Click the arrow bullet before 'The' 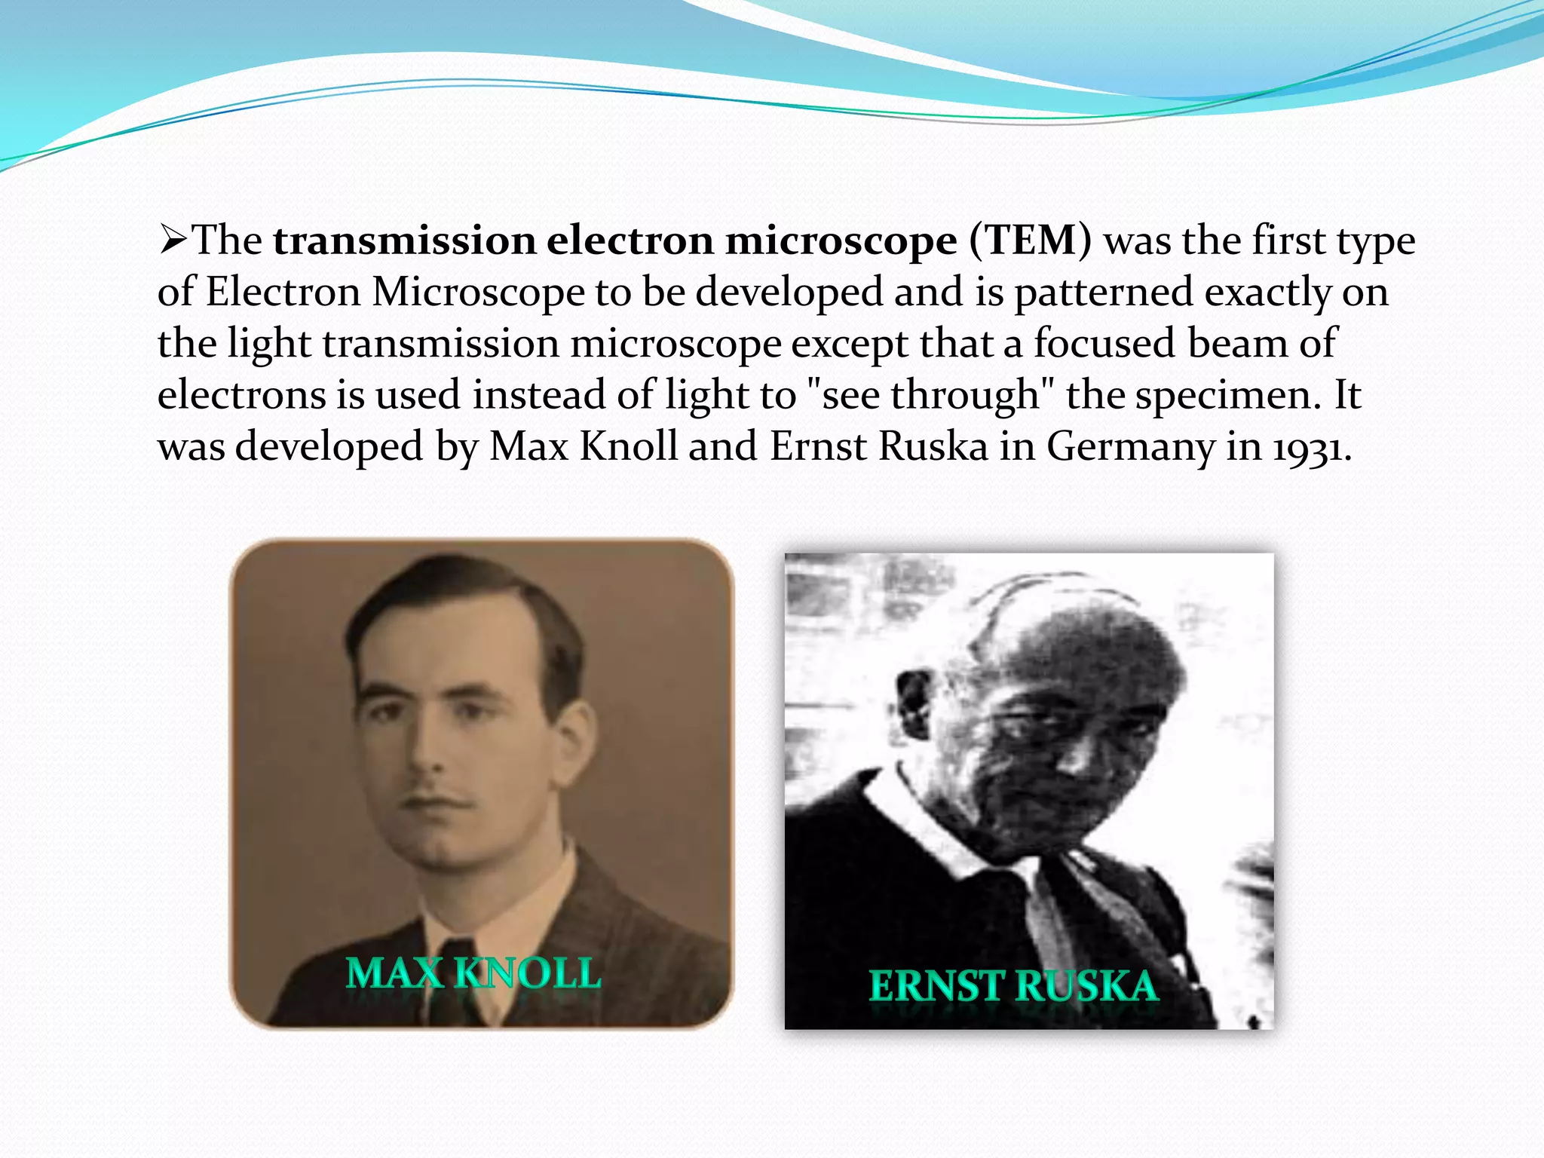[173, 241]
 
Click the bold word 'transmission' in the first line [404, 241]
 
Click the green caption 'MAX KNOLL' [473, 973]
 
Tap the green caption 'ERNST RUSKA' [1013, 986]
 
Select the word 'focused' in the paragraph [1104, 344]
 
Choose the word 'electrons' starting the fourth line [240, 395]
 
